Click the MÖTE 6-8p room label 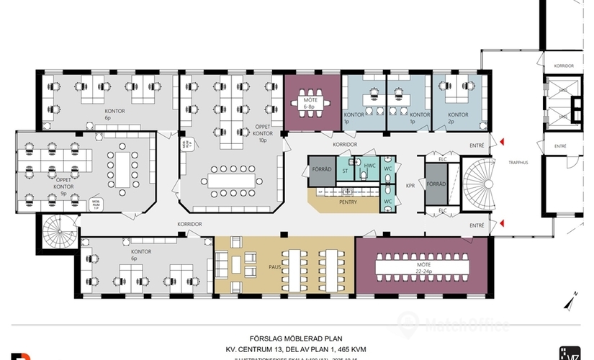311,102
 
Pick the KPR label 410,185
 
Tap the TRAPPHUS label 518,163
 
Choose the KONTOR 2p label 458,118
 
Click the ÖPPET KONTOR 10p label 263,134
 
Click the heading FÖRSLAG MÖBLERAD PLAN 295,337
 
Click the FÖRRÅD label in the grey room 436,183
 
